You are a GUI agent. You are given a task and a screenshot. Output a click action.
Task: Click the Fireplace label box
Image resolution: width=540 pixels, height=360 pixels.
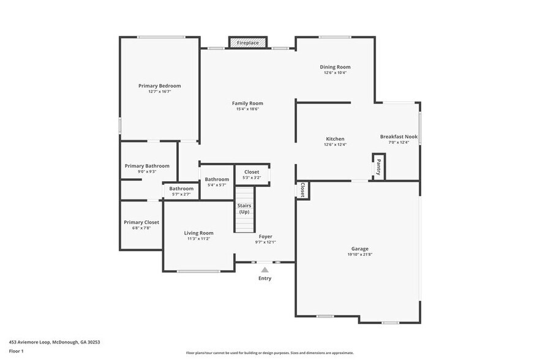(248, 43)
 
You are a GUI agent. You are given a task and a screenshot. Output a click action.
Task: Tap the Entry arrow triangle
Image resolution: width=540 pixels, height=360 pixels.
(264, 269)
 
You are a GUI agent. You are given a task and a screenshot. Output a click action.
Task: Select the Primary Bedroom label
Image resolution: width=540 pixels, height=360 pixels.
(159, 86)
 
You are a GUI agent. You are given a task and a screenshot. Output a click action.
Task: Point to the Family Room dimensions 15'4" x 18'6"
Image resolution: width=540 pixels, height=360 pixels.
(247, 110)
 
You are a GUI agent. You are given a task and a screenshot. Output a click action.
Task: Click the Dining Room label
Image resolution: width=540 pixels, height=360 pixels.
(335, 67)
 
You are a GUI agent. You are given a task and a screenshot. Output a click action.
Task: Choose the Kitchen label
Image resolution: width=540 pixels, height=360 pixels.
(335, 139)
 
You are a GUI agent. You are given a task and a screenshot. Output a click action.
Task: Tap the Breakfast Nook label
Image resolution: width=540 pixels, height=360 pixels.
(399, 137)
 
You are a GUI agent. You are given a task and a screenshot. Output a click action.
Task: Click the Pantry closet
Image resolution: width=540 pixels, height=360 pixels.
(378, 167)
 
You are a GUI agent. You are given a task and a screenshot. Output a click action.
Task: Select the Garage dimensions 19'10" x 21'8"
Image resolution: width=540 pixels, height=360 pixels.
(359, 255)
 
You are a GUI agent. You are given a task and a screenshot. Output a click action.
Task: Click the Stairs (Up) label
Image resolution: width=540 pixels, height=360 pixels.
(244, 208)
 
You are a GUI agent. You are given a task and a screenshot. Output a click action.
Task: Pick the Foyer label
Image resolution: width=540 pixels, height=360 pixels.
(265, 236)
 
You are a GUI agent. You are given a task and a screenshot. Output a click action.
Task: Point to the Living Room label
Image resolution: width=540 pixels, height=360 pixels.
(199, 233)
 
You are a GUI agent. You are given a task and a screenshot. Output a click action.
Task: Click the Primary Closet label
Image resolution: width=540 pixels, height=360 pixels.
(141, 222)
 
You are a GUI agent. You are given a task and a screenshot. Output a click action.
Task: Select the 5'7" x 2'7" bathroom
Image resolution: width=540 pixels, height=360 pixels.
(181, 191)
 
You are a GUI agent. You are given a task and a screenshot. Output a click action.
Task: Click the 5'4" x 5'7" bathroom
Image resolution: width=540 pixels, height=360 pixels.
(217, 182)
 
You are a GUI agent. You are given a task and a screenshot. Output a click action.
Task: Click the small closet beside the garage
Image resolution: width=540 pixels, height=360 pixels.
(302, 190)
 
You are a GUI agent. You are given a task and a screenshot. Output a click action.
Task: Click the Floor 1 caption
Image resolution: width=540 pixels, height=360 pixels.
(16, 351)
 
